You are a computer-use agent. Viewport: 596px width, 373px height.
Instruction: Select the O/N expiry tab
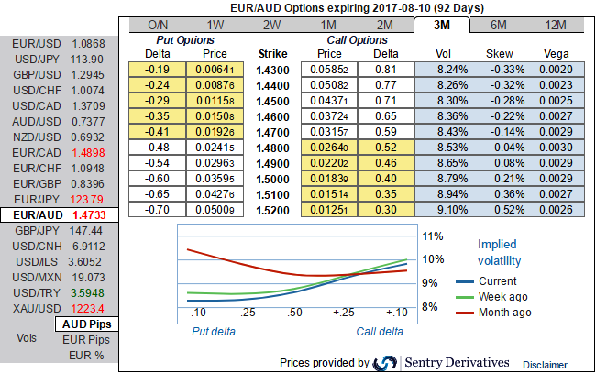pyautogui.click(x=159, y=25)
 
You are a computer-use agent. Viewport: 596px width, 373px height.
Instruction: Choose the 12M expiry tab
pyautogui.click(x=556, y=25)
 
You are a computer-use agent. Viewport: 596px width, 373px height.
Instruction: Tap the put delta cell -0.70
pyautogui.click(x=160, y=209)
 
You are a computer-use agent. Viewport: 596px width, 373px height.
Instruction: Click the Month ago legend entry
pyautogui.click(x=504, y=313)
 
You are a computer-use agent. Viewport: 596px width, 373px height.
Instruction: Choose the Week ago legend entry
pyautogui.click(x=504, y=297)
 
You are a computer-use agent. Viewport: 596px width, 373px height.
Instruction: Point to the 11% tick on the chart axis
pyautogui.click(x=432, y=236)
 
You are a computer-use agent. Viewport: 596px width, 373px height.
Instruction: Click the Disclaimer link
pyautogui.click(x=546, y=365)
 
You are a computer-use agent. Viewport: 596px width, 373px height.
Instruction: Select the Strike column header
pyautogui.click(x=274, y=54)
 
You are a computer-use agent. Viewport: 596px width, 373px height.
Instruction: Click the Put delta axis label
pyautogui.click(x=214, y=331)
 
